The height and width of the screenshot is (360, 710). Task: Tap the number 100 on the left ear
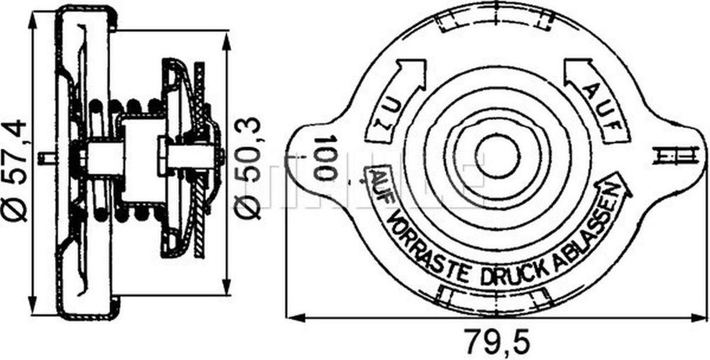pyautogui.click(x=326, y=157)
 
